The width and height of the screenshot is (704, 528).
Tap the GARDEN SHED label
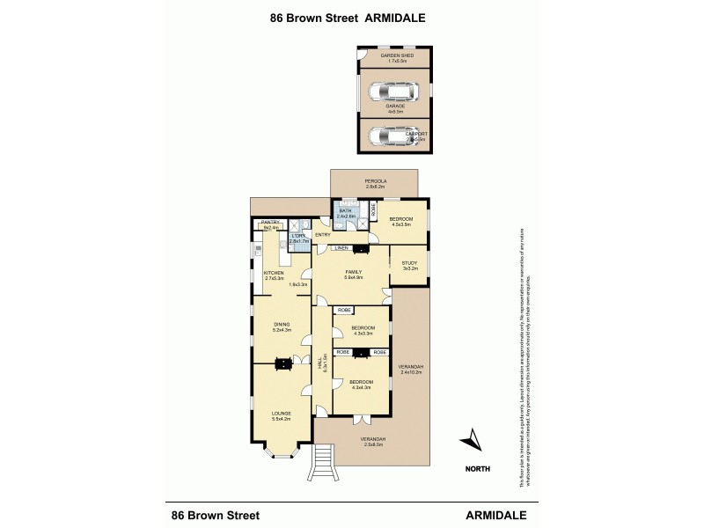(397, 55)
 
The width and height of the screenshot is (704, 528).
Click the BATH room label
(345, 211)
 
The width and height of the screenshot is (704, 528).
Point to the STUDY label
(409, 262)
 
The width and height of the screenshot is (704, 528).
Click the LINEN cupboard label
(341, 249)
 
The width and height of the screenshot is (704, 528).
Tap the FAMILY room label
(354, 272)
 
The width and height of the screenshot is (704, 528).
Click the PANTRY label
(269, 222)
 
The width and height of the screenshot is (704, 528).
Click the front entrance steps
(325, 458)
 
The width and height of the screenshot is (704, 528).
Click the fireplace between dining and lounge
(283, 363)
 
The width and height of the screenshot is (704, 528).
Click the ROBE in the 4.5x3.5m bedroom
(373, 210)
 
